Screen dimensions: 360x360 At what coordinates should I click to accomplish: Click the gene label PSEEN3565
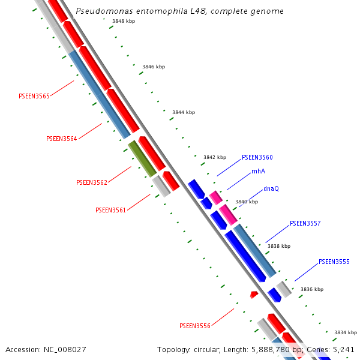pyautogui.click(x=34, y=95)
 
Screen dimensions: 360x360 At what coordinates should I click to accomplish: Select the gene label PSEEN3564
pyautogui.click(x=62, y=139)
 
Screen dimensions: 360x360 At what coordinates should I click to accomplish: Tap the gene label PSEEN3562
pyautogui.click(x=92, y=182)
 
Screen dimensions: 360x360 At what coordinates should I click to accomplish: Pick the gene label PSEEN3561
pyautogui.click(x=110, y=210)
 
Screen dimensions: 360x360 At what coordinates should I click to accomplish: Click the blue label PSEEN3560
pyautogui.click(x=257, y=157)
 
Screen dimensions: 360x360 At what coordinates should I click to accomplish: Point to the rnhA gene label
pyautogui.click(x=258, y=171)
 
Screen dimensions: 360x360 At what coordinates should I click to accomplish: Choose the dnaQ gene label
pyautogui.click(x=271, y=188)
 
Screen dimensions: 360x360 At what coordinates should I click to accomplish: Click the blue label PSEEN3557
pyautogui.click(x=305, y=223)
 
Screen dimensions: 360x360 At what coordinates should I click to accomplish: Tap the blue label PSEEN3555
pyautogui.click(x=334, y=262)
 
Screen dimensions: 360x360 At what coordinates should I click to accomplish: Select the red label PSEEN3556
pyautogui.click(x=195, y=326)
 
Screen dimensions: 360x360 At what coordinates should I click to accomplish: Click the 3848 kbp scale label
pyautogui.click(x=124, y=21)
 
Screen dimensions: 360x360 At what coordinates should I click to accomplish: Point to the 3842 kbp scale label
pyautogui.click(x=215, y=157)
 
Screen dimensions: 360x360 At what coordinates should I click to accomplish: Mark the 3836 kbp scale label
pyautogui.click(x=312, y=289)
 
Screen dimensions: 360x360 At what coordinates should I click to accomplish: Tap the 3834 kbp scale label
pyautogui.click(x=346, y=332)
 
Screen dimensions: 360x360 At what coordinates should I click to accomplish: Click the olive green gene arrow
pyautogui.click(x=142, y=158)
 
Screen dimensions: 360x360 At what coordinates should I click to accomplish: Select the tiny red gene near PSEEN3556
pyautogui.click(x=254, y=295)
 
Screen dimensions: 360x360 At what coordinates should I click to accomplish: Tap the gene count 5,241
pyautogui.click(x=343, y=349)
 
